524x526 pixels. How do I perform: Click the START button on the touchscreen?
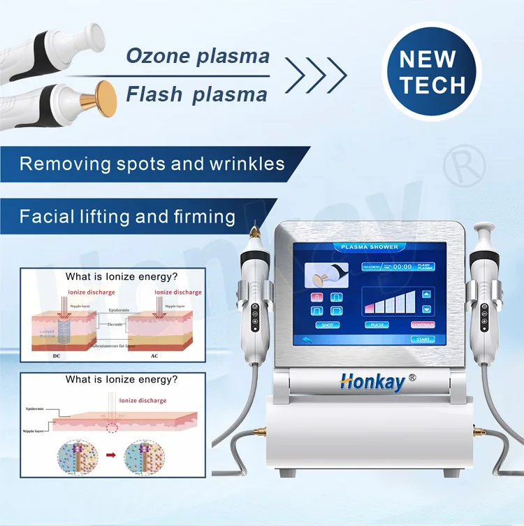pos(421,339)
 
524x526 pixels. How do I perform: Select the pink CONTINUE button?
pos(421,325)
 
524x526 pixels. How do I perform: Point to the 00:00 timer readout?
pos(402,266)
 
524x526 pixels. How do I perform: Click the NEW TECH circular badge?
pos(432,72)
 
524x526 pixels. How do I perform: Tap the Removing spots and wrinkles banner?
pos(152,164)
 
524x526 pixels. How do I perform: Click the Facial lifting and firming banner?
pos(127,216)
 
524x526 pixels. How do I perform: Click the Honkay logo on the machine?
pos(377,381)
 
